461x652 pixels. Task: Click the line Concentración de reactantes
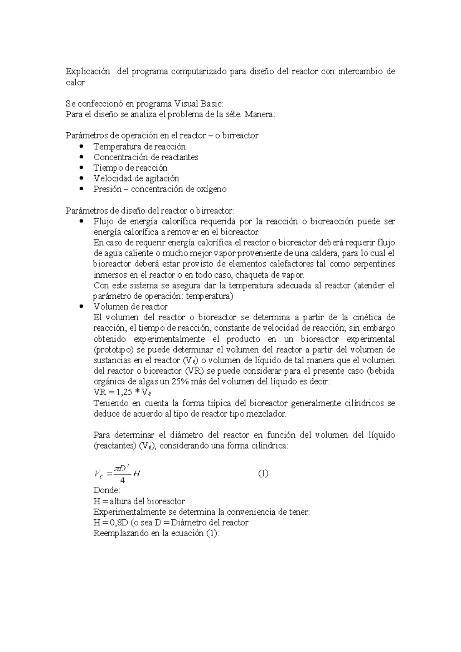(x=146, y=157)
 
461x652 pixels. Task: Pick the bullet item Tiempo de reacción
(x=130, y=168)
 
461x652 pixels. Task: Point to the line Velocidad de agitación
(x=136, y=178)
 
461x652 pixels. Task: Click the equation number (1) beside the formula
(x=263, y=474)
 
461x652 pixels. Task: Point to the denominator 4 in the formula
(x=122, y=480)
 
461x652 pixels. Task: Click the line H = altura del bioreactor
(x=139, y=501)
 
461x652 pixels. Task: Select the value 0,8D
(x=119, y=523)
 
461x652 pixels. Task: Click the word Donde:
(x=107, y=491)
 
